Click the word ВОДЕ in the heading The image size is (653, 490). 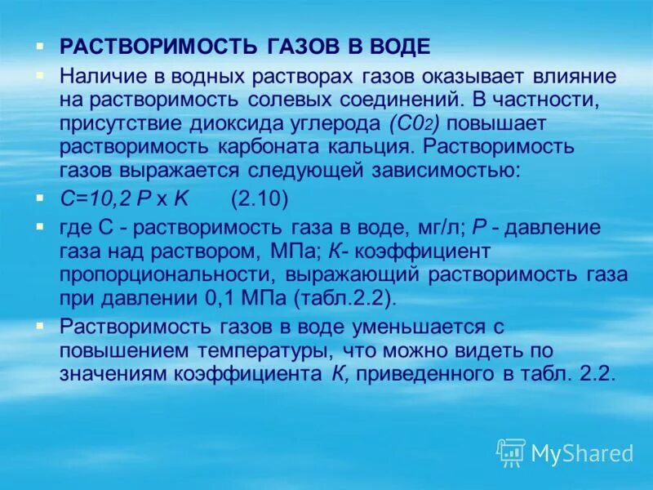(x=398, y=47)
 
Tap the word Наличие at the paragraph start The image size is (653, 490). (x=100, y=76)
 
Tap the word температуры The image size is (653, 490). (x=262, y=350)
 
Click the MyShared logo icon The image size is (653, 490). (x=511, y=452)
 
